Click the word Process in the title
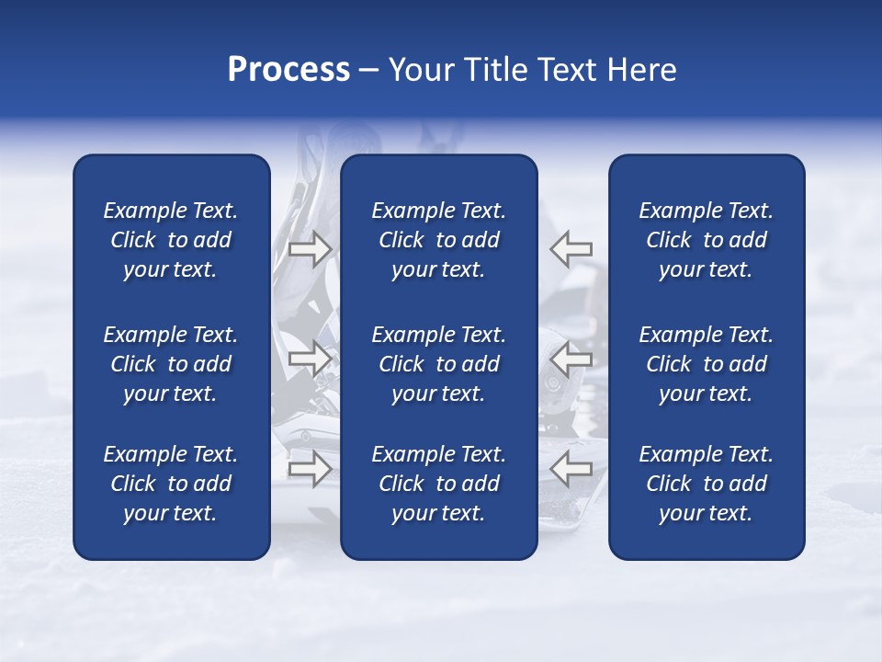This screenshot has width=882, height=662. pos(288,69)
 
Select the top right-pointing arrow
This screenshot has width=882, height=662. pos(310,248)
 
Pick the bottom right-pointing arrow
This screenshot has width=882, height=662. pos(310,469)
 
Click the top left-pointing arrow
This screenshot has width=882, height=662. pos(571,248)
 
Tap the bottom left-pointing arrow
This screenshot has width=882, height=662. pos(571,469)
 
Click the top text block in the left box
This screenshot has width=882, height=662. pos(171,240)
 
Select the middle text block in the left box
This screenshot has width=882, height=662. pos(171,364)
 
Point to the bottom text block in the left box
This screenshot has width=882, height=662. pos(171,484)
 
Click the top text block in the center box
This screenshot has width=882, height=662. pos(439,240)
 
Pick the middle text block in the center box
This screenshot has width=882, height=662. pos(439,364)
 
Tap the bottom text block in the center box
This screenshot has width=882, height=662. pos(439,484)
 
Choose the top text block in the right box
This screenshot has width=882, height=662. pos(707,240)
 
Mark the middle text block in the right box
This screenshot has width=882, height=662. pos(707,364)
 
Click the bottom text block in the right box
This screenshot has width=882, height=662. pos(707,484)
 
